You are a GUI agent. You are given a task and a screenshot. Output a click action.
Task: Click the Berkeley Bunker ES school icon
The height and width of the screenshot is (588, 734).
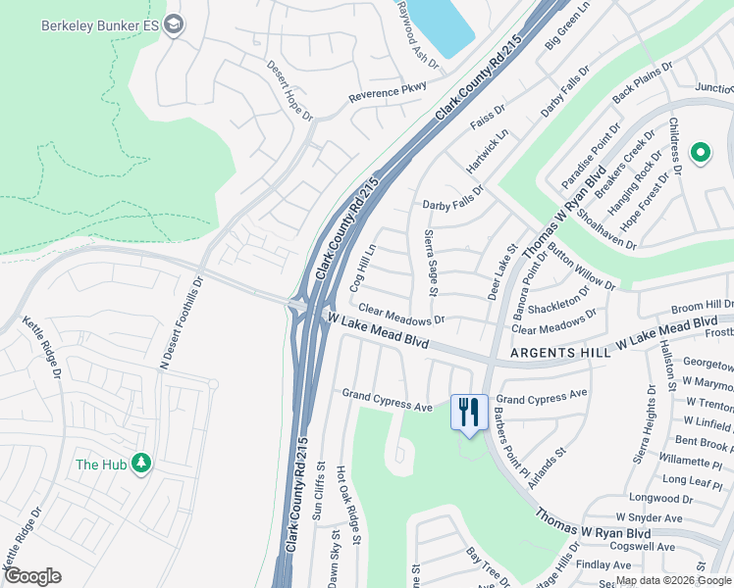pos(174,24)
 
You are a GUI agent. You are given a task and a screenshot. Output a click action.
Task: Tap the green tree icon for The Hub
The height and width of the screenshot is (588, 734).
pos(141,463)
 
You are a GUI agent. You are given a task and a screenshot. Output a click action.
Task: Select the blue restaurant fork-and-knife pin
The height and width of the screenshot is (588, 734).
pos(469,412)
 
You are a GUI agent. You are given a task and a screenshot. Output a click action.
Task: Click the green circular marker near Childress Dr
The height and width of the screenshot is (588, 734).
pos(700,152)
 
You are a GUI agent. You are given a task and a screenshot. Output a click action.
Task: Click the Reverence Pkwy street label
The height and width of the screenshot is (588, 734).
pos(388,93)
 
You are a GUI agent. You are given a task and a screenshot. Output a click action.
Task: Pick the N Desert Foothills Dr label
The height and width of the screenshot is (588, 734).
pos(183,321)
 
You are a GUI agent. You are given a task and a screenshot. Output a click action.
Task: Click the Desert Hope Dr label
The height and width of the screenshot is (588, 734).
pos(289,90)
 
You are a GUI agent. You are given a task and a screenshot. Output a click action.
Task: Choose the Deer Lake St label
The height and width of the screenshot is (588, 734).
pos(501,273)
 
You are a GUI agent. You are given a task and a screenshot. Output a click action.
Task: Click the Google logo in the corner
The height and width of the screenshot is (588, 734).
pos(32,576)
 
